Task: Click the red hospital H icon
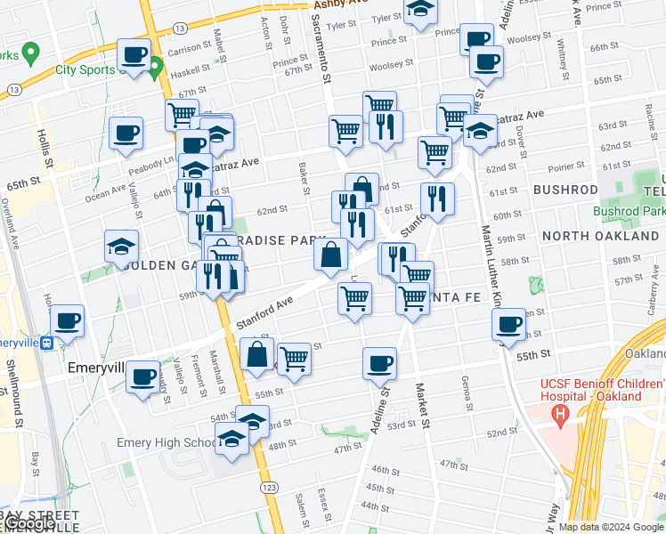[560, 413]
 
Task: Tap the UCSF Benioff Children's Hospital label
[590, 390]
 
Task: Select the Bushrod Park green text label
[629, 212]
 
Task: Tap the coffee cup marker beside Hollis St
[126, 134]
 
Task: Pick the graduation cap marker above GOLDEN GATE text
[122, 247]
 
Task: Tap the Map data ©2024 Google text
[610, 527]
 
